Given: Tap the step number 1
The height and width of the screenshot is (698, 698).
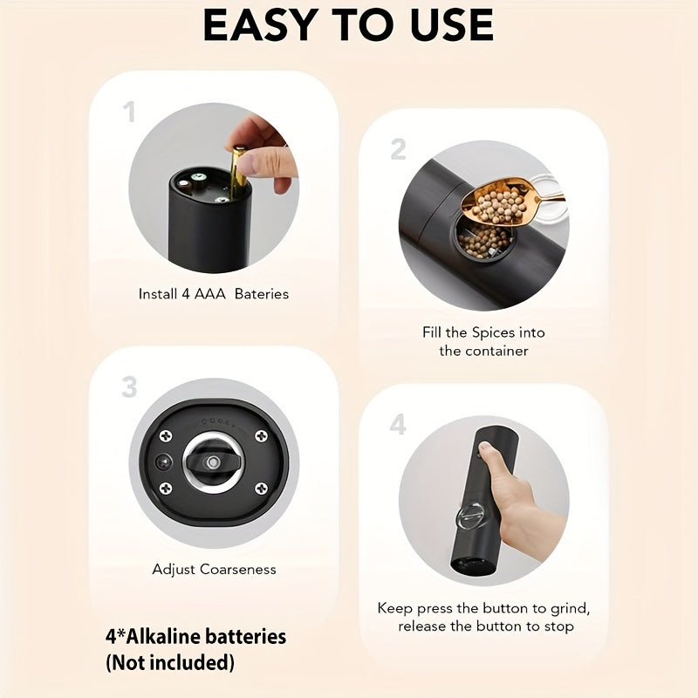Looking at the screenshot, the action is pyautogui.click(x=129, y=112).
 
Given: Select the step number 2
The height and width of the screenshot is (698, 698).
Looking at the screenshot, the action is pyautogui.click(x=398, y=149).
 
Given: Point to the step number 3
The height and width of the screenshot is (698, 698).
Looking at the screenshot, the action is pyautogui.click(x=129, y=387).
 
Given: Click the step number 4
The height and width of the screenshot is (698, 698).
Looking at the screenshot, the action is pyautogui.click(x=398, y=424).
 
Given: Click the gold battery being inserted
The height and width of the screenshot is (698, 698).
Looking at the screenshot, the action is pyautogui.click(x=238, y=172).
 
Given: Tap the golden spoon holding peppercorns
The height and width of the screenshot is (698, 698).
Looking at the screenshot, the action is pyautogui.click(x=508, y=201).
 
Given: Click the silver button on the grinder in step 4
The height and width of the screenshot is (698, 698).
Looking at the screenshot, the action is pyautogui.click(x=471, y=517).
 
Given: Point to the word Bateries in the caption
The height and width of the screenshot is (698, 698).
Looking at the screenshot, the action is pyautogui.click(x=261, y=294).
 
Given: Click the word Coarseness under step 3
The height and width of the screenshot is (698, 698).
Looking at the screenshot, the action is pyautogui.click(x=237, y=569).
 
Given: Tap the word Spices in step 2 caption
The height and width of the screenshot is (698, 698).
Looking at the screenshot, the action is pyautogui.click(x=493, y=333).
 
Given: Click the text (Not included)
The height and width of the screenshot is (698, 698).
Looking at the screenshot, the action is pyautogui.click(x=169, y=663).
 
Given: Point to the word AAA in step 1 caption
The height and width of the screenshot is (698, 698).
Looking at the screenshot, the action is pyautogui.click(x=210, y=294).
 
